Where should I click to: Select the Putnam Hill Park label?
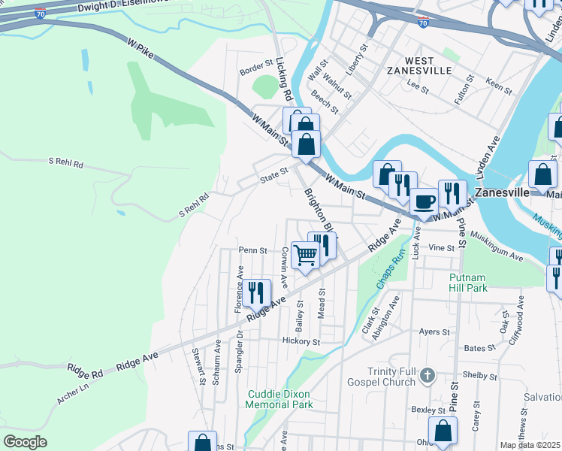pyautogui.click(x=468, y=283)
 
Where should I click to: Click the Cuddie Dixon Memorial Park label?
pyautogui.click(x=280, y=399)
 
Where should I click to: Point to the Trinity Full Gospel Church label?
pyautogui.click(x=391, y=377)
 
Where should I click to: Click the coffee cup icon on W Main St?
pyautogui.click(x=424, y=201)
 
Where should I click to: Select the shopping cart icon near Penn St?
pyautogui.click(x=305, y=254)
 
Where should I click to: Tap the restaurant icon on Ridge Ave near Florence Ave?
pyautogui.click(x=257, y=293)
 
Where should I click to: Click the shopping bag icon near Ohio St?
pyautogui.click(x=443, y=432)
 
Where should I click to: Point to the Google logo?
pyautogui.click(x=25, y=442)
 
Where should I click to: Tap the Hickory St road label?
pyautogui.click(x=301, y=341)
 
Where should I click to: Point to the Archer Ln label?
pyautogui.click(x=72, y=395)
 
